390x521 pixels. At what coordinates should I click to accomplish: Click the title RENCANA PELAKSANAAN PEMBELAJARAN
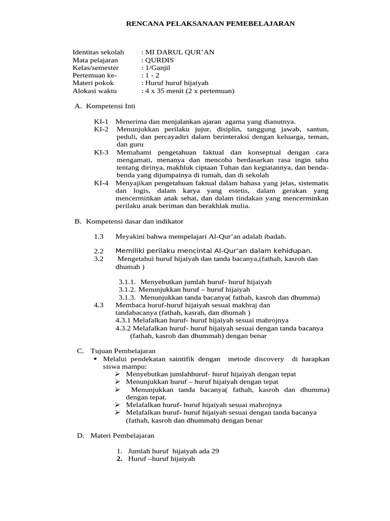pyautogui.click(x=210, y=23)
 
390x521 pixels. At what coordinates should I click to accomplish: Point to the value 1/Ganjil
pyautogui.click(x=158, y=68)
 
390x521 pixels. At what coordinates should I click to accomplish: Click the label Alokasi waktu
pyautogui.click(x=94, y=91)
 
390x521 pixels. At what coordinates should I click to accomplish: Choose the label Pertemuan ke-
pyautogui.click(x=94, y=75)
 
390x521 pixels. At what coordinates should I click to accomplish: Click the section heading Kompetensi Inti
pyautogui.click(x=111, y=106)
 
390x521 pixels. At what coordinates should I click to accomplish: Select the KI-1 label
pyautogui.click(x=101, y=122)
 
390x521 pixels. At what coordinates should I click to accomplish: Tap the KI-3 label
pyautogui.click(x=101, y=152)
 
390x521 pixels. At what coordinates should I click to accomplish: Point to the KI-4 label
pyautogui.click(x=101, y=183)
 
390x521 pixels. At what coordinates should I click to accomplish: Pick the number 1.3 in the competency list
pyautogui.click(x=99, y=237)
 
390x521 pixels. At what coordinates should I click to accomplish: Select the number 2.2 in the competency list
pyautogui.click(x=99, y=251)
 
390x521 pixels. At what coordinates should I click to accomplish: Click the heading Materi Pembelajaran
pyautogui.click(x=122, y=436)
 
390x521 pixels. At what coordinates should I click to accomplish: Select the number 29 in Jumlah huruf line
pyautogui.click(x=214, y=451)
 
